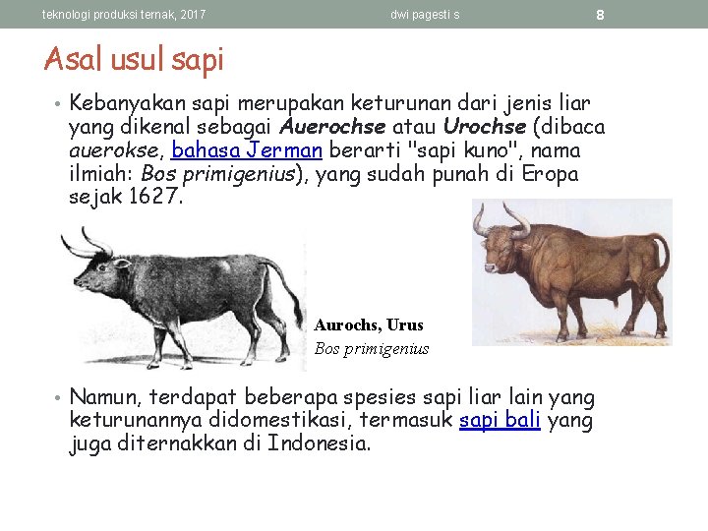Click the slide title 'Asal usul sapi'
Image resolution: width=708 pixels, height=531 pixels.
coord(134,60)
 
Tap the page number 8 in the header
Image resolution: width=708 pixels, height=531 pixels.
coord(600,15)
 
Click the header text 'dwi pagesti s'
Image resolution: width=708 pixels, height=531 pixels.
coord(425,15)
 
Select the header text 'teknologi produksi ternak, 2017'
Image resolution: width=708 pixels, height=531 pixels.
coord(124,15)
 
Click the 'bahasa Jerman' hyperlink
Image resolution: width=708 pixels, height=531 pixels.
coord(247,150)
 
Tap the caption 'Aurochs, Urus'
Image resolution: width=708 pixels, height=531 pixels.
coord(369,324)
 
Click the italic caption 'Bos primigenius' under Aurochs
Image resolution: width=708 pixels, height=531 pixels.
coord(372,348)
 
